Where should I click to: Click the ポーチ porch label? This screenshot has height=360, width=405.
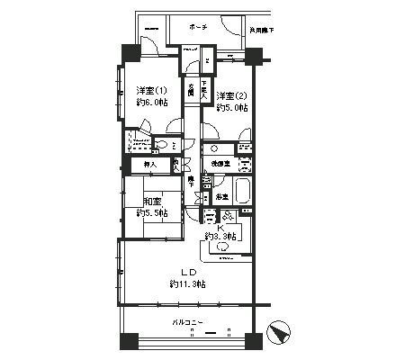pyautogui.click(x=199, y=28)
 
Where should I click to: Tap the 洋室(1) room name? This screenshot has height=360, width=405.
pyautogui.click(x=150, y=90)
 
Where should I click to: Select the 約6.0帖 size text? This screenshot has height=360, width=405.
pyautogui.click(x=150, y=103)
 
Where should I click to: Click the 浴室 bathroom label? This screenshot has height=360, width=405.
pyautogui.click(x=220, y=195)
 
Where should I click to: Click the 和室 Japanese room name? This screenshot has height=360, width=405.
pyautogui.click(x=150, y=202)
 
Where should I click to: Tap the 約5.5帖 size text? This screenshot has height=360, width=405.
pyautogui.click(x=149, y=214)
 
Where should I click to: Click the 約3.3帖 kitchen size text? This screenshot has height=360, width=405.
pyautogui.click(x=219, y=237)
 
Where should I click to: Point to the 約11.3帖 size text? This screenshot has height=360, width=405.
pyautogui.click(x=188, y=284)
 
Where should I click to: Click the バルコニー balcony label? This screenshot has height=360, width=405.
pyautogui.click(x=190, y=320)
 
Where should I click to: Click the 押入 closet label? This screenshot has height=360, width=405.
pyautogui.click(x=150, y=165)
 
